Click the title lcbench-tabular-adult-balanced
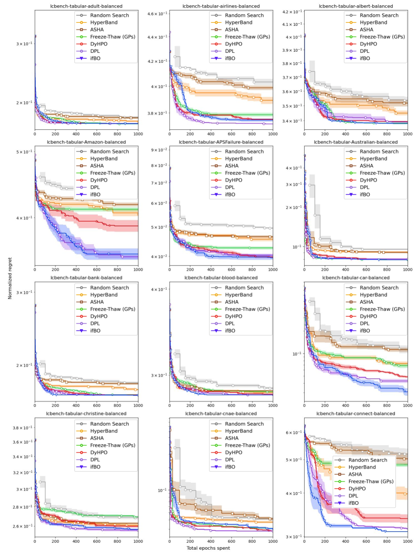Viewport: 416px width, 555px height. pyautogui.click(x=86, y=6)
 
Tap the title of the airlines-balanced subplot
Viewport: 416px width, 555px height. pyautogui.click(x=221, y=6)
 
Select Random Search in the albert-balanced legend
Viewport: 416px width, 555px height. pyautogui.click(x=379, y=15)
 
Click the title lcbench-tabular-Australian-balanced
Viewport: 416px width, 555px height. pyautogui.click(x=356, y=142)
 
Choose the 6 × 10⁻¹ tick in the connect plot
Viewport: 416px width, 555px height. pyautogui.click(x=293, y=433)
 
